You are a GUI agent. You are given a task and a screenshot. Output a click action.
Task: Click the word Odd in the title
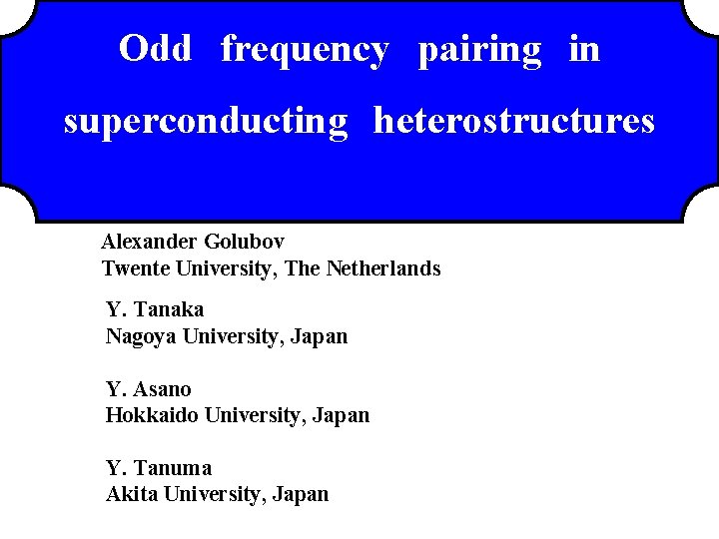tap(155, 48)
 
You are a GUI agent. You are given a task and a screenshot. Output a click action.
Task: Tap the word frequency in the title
tap(305, 50)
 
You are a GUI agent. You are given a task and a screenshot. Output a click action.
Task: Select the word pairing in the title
tap(480, 50)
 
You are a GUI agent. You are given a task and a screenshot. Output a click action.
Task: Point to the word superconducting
tap(206, 122)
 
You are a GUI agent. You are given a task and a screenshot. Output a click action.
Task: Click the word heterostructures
tap(514, 121)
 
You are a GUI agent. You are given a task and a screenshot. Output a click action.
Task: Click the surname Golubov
tap(245, 241)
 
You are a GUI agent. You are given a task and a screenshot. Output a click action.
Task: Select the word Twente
tap(136, 269)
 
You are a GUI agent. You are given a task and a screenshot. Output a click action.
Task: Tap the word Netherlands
tap(383, 269)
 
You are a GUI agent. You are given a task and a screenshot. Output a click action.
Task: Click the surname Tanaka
tap(167, 309)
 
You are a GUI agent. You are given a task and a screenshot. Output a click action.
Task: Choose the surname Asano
tap(161, 388)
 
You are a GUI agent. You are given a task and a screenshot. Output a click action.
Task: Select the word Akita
tap(131, 493)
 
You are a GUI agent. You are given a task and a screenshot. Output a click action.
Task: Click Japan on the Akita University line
tap(301, 493)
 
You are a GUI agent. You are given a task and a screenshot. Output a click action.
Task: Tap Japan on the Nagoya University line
tap(320, 336)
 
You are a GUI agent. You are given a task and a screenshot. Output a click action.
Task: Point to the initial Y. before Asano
tap(115, 388)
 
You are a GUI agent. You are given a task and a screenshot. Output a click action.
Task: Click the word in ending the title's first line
tap(584, 48)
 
